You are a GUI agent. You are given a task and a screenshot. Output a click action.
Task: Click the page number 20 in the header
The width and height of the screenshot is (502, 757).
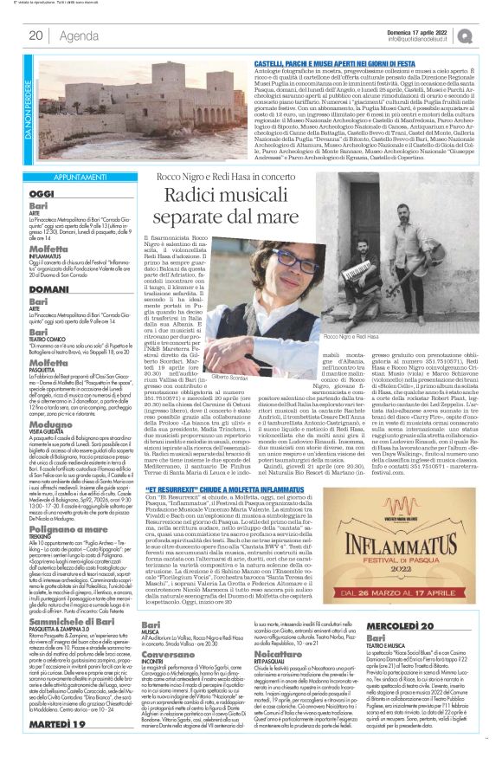click(x=35, y=36)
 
